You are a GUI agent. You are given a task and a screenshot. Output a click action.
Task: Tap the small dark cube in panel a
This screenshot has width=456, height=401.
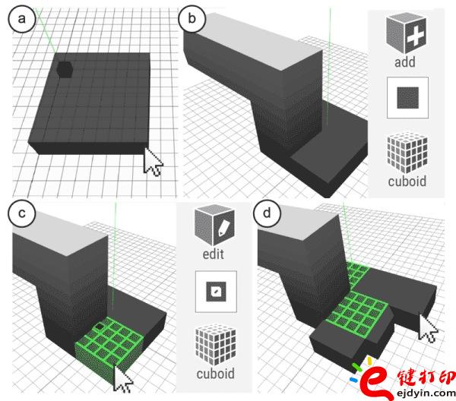pyautogui.click(x=65, y=69)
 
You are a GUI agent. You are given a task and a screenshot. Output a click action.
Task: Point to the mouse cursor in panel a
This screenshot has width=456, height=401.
pyautogui.click(x=154, y=161)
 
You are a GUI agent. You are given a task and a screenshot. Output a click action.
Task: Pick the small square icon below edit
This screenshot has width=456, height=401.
pyautogui.click(x=214, y=292)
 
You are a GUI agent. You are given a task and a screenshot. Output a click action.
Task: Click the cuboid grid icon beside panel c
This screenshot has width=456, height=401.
pyautogui.click(x=214, y=346)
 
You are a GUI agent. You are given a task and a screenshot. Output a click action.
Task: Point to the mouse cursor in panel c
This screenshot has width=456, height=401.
pyautogui.click(x=122, y=375)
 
